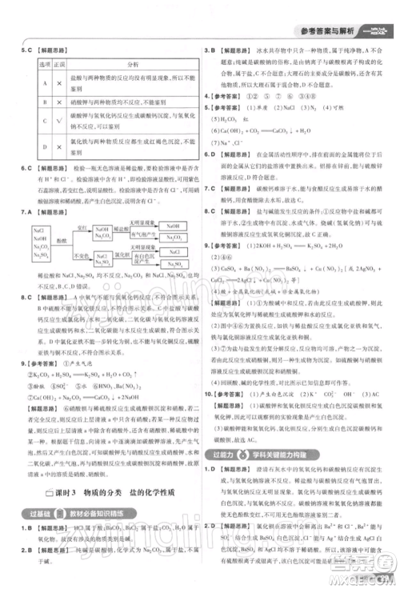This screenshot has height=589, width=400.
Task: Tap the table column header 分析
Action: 133,64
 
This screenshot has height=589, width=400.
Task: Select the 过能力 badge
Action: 228,454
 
